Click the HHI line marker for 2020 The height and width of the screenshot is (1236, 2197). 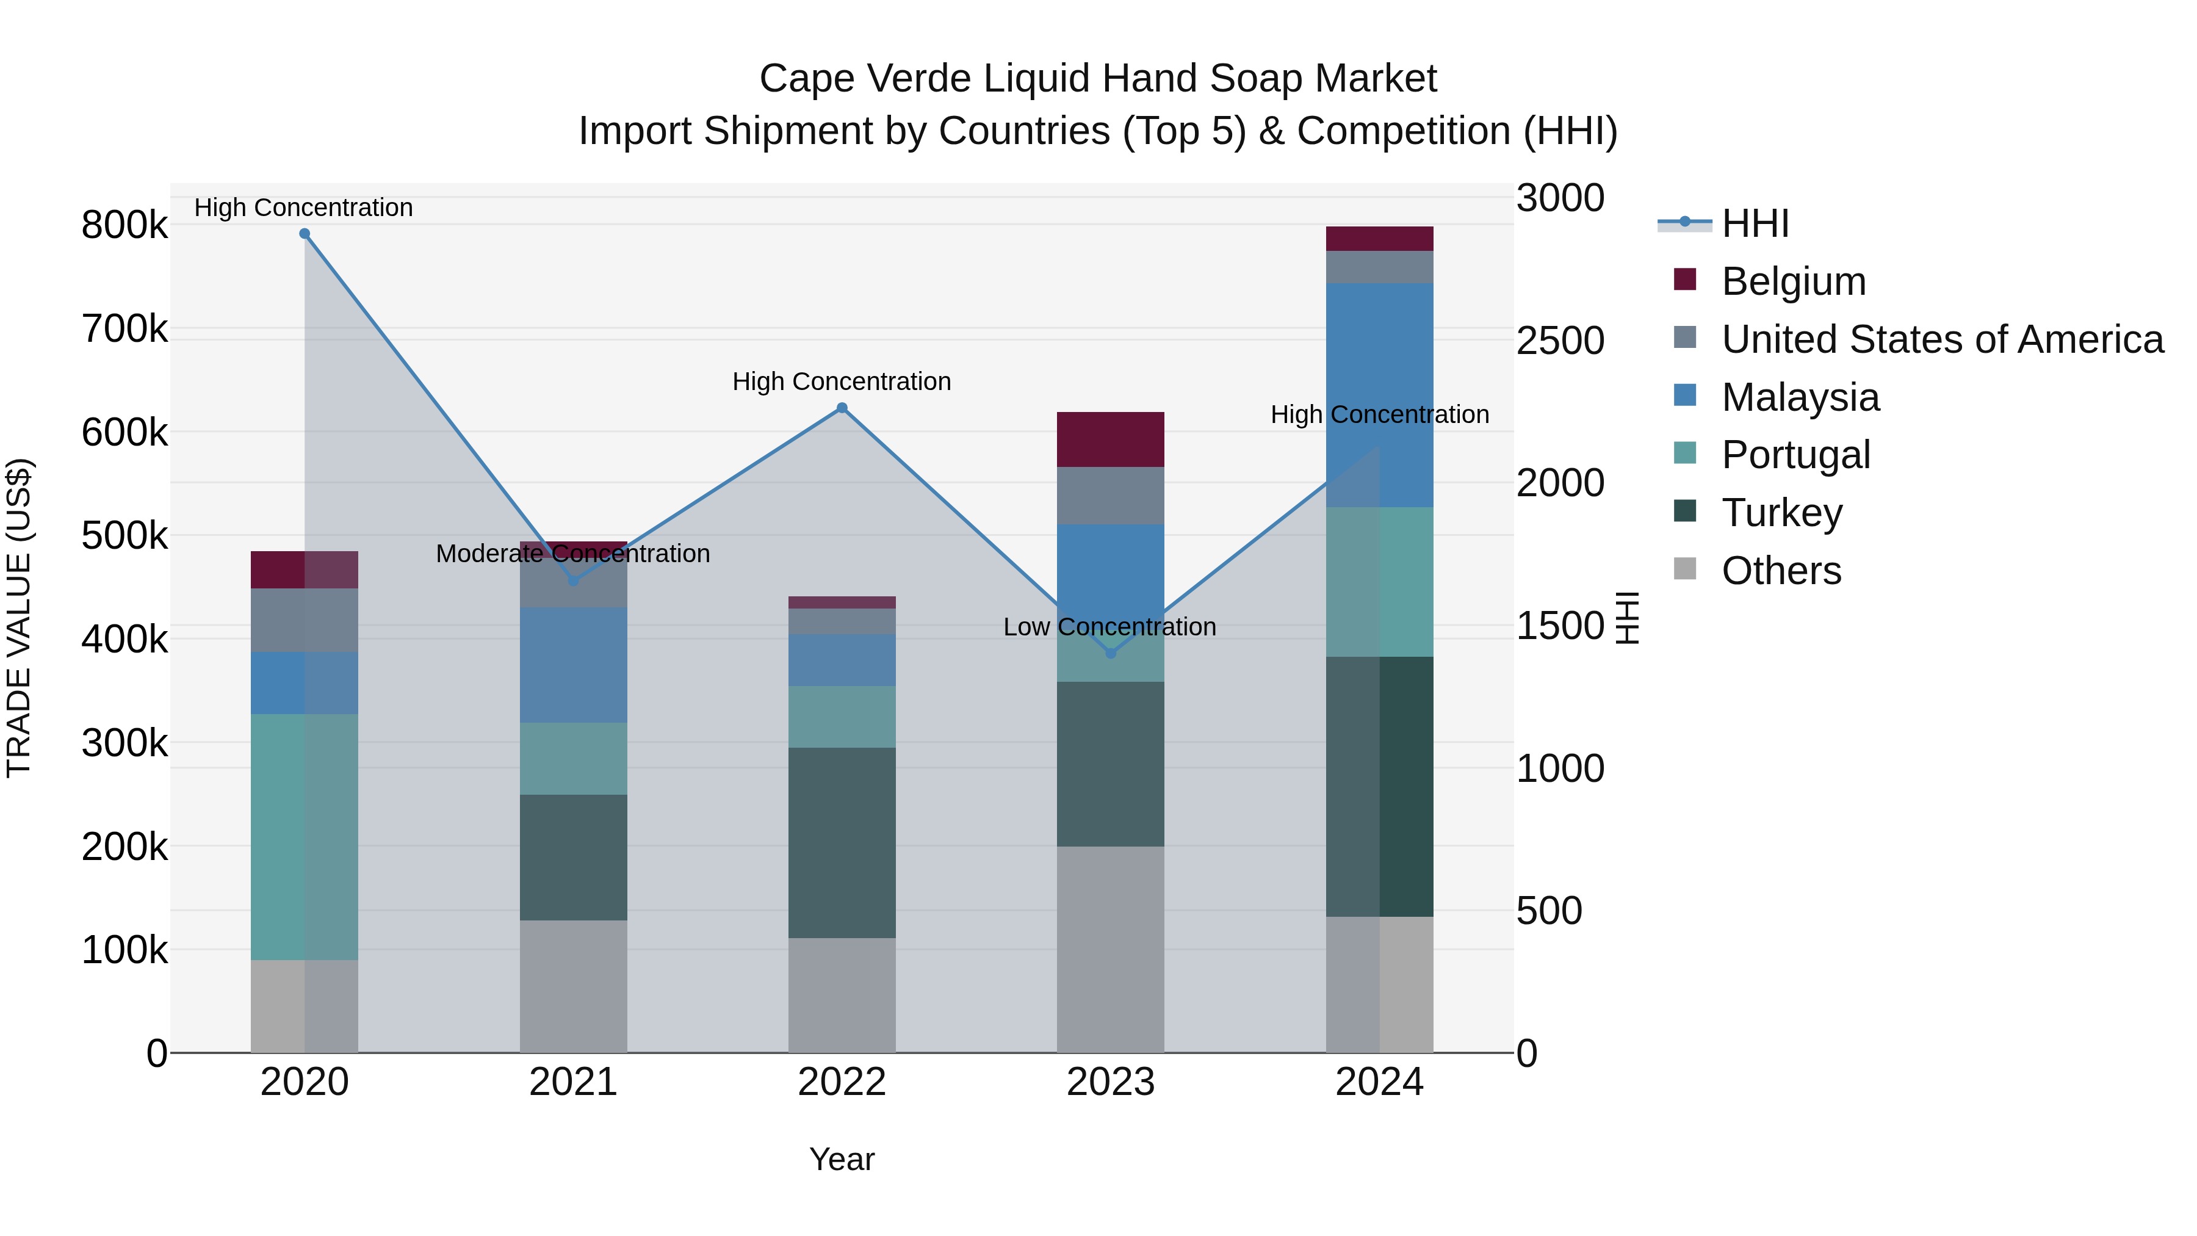coord(305,234)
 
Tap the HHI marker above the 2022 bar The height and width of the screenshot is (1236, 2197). coord(842,408)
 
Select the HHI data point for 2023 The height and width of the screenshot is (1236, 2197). coord(1111,653)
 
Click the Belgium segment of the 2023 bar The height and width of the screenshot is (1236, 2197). coord(1111,439)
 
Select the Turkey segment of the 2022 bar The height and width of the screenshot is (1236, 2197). coord(842,843)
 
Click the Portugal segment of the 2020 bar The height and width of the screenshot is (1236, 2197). coord(305,836)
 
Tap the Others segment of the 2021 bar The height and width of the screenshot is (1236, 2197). coord(573,985)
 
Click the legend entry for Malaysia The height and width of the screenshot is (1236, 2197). coord(1800,397)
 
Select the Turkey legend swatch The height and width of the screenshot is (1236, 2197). coord(1685,512)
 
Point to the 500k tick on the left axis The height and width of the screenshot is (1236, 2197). coord(124,536)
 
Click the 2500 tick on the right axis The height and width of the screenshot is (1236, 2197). coord(1560,341)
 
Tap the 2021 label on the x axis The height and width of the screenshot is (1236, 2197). coord(573,1082)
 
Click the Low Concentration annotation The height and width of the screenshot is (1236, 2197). coord(1109,627)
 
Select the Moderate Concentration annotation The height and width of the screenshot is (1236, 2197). coord(573,554)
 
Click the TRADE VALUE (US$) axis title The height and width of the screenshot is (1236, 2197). coord(19,618)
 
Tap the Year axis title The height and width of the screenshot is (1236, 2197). coord(842,1159)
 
